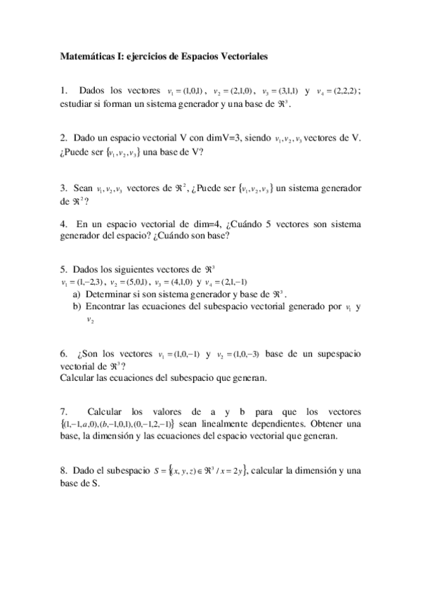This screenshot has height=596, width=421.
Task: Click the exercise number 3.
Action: click(64, 188)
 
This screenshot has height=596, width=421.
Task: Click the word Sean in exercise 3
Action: click(84, 188)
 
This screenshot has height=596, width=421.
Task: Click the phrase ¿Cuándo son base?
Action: click(198, 236)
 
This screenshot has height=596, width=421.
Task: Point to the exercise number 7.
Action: click(64, 411)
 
